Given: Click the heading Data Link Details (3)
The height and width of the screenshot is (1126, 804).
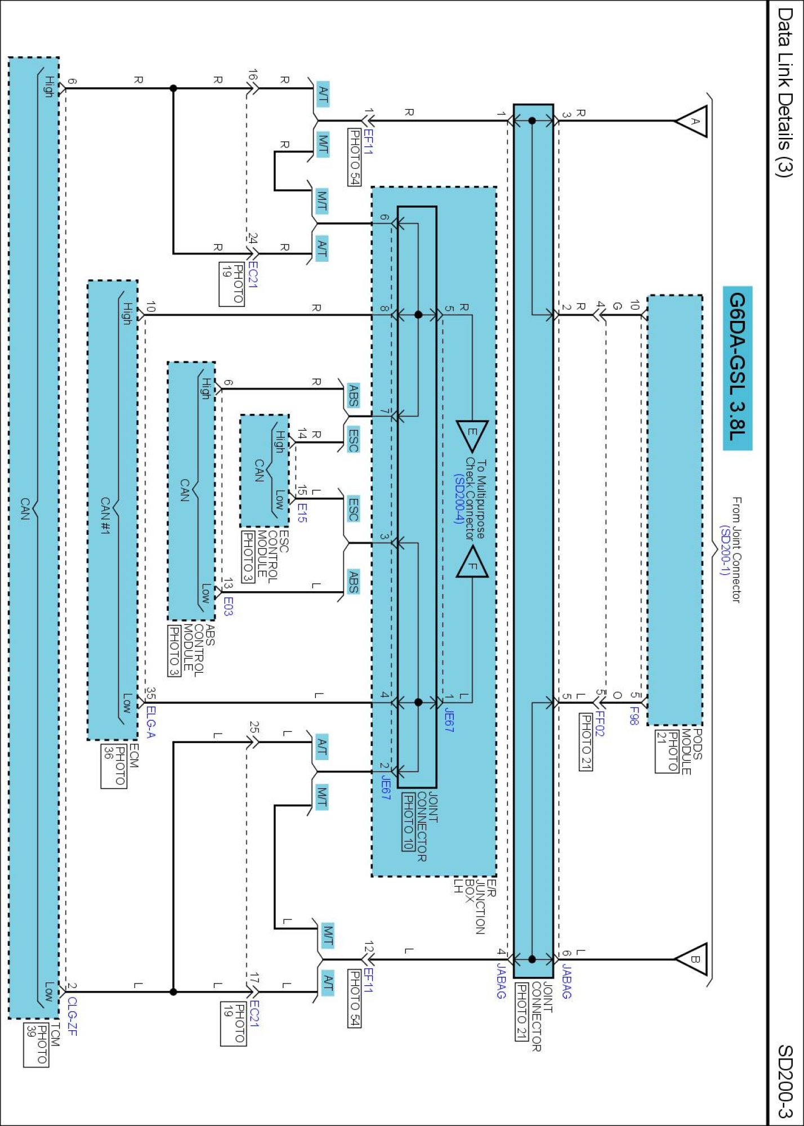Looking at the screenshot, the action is (x=785, y=93).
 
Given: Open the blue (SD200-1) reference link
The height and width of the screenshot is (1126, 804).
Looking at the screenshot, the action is (x=725, y=550).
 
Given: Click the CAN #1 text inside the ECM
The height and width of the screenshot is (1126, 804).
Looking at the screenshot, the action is (x=105, y=515).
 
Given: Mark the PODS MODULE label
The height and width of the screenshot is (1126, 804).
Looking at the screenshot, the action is (x=692, y=752).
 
